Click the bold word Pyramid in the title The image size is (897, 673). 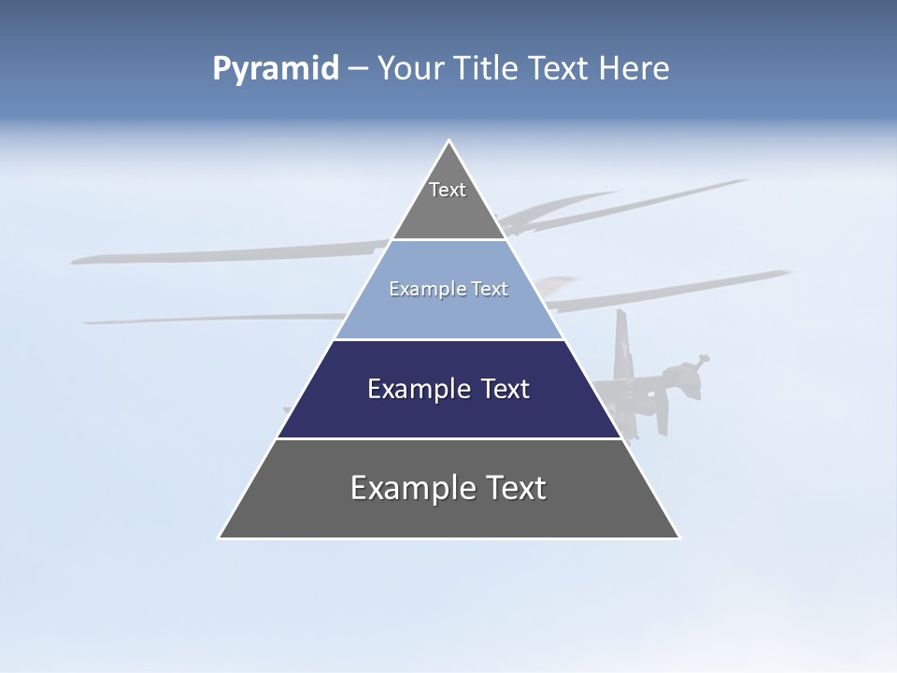(275, 69)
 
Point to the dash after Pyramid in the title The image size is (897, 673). (358, 69)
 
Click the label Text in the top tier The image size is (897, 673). (448, 190)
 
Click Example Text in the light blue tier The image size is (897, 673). (448, 289)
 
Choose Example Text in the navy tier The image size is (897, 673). (448, 389)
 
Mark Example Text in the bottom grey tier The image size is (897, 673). (448, 488)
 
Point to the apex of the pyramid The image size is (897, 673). (448, 141)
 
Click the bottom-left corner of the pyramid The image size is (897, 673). (221, 537)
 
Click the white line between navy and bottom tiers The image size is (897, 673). (448, 438)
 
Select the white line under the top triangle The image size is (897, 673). (448, 239)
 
